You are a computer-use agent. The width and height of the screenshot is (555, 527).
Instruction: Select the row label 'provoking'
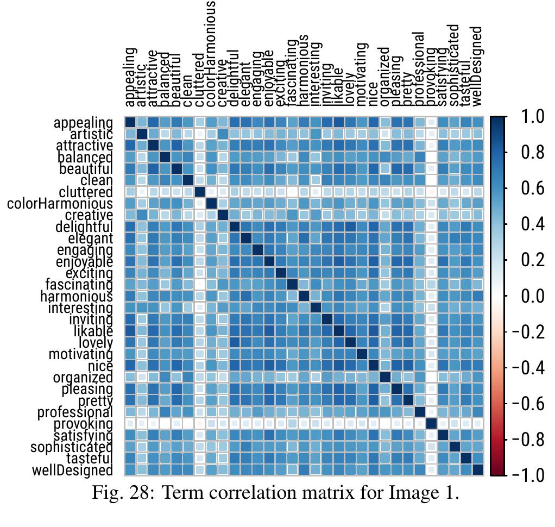tap(84, 424)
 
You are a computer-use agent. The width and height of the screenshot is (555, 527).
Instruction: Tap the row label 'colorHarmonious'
tap(60, 204)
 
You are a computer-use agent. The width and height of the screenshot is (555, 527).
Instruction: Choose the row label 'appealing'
tap(84, 123)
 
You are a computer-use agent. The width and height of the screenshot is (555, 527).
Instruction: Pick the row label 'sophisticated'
tap(71, 447)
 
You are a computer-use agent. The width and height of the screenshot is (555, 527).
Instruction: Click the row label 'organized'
tap(83, 378)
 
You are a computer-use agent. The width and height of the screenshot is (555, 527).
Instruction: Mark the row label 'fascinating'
tap(79, 285)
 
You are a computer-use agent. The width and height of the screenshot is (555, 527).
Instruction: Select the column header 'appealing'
tap(130, 77)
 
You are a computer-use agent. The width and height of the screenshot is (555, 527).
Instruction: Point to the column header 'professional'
tap(419, 69)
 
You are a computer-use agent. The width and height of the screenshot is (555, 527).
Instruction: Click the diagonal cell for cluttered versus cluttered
tap(199, 192)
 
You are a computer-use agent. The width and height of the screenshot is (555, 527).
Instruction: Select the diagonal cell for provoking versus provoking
tap(431, 424)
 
